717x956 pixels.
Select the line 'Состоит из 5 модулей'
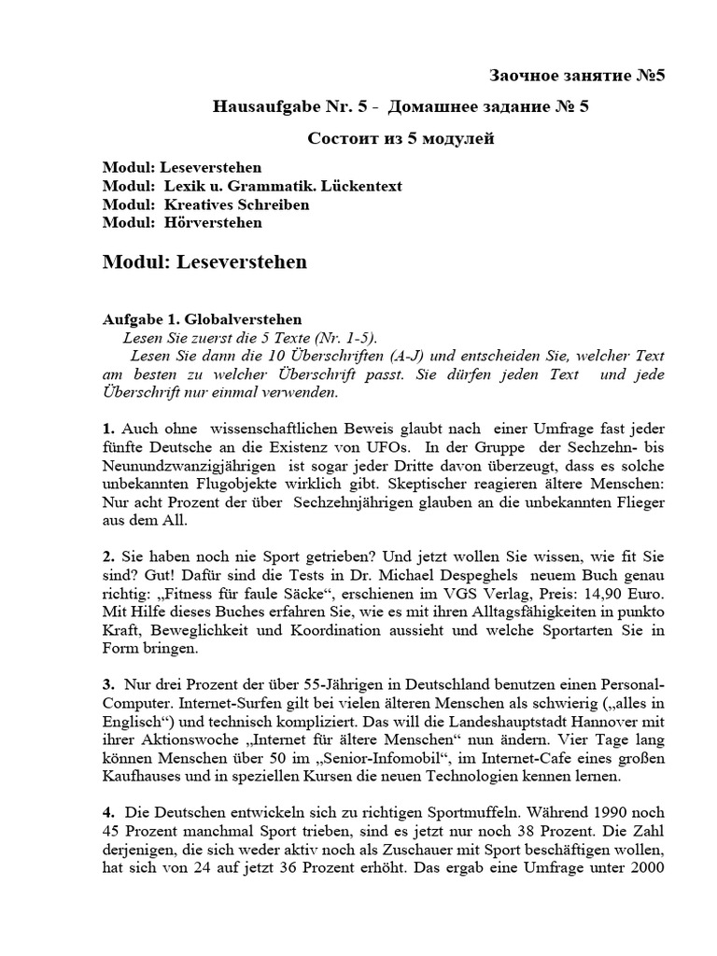(x=401, y=139)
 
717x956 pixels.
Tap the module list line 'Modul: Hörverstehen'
(x=183, y=222)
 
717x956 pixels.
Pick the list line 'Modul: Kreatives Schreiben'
(x=206, y=204)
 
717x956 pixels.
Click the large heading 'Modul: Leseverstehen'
(x=204, y=262)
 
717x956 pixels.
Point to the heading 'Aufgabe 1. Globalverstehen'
(x=203, y=319)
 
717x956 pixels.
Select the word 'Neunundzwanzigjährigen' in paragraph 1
(x=176, y=469)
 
